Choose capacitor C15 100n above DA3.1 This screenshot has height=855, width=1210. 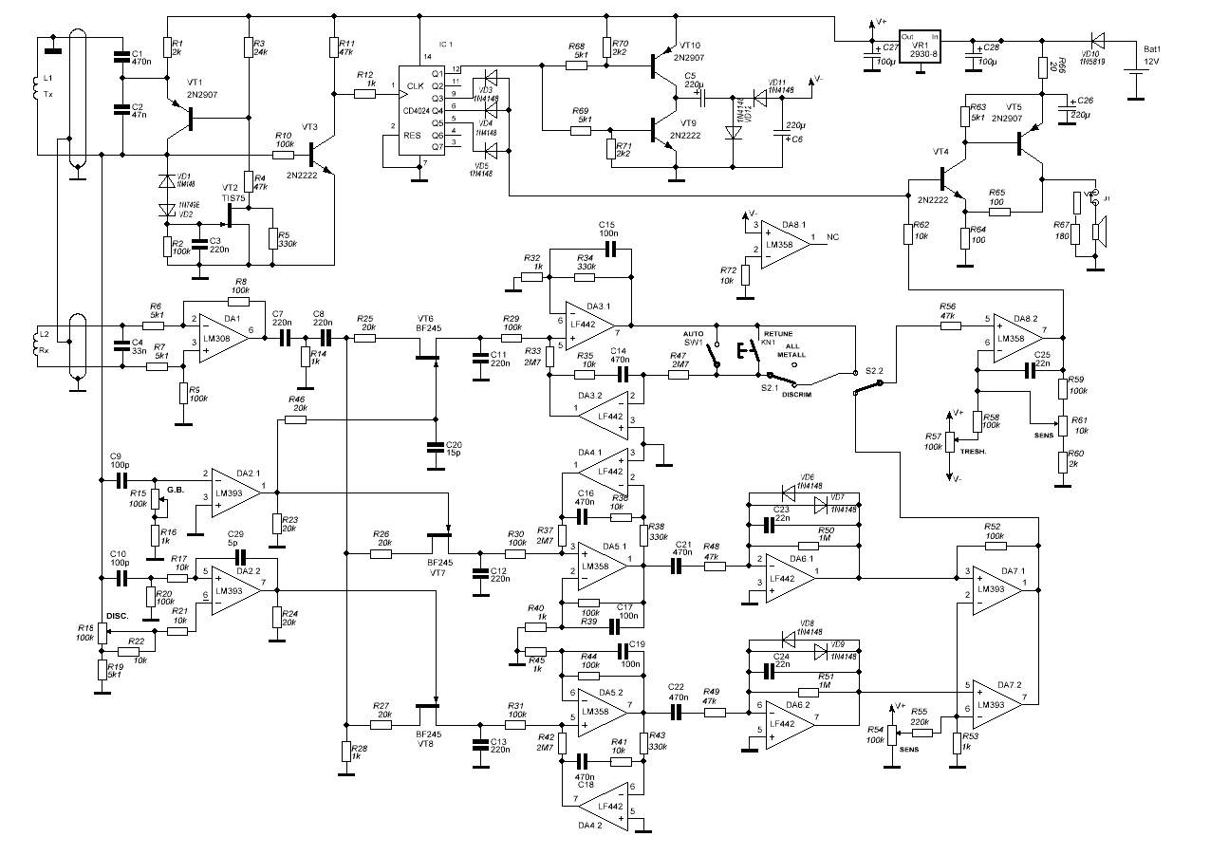608,250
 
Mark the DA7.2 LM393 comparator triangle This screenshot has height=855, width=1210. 994,698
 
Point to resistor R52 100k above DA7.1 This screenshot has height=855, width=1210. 993,548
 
